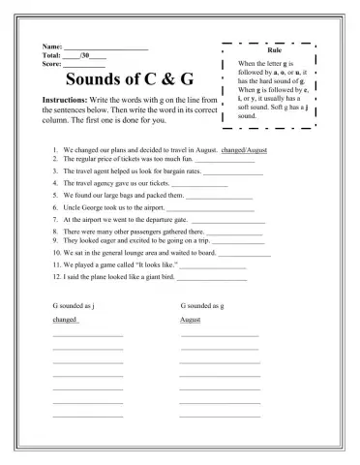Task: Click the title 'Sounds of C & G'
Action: (x=133, y=78)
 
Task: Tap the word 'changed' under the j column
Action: (x=65, y=319)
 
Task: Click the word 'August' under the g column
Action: (x=191, y=319)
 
